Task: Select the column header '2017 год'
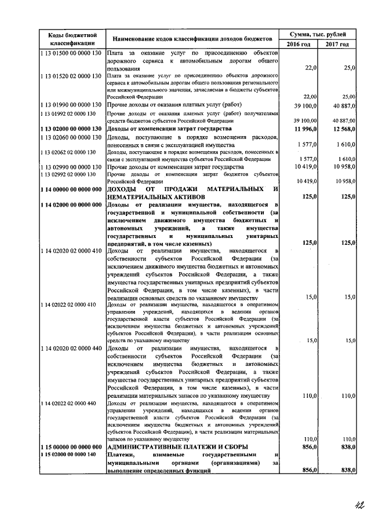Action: [337, 45]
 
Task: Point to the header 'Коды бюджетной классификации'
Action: [72, 39]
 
